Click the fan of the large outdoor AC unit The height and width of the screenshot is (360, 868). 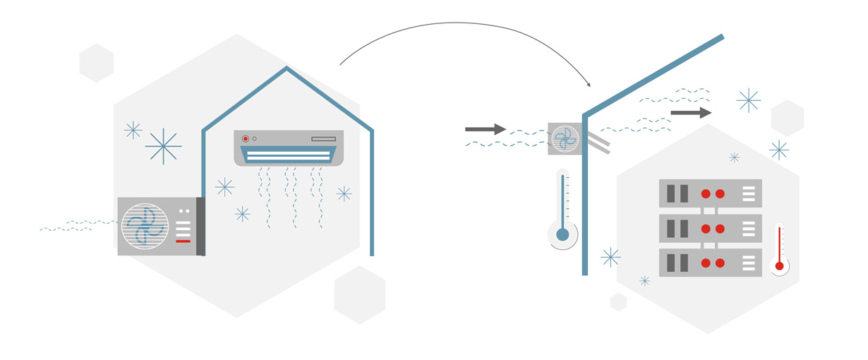click(x=145, y=227)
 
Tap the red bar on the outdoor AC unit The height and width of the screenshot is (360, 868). click(x=183, y=241)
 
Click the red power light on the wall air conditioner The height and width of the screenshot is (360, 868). click(x=246, y=139)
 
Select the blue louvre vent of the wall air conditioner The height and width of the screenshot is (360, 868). click(x=288, y=155)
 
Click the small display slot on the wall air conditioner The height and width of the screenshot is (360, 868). click(x=323, y=139)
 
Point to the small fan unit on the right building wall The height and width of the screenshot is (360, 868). click(x=565, y=138)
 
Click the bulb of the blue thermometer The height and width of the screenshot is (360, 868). click(x=562, y=234)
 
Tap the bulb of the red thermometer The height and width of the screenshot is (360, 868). click(x=779, y=266)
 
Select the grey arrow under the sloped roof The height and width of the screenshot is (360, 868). click(x=691, y=113)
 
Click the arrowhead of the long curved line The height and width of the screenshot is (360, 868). click(x=589, y=85)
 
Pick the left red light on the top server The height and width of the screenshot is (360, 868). click(x=706, y=193)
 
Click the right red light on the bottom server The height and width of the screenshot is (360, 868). click(x=720, y=263)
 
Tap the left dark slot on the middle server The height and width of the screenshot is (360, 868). click(x=670, y=228)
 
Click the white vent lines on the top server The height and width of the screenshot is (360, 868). click(x=749, y=193)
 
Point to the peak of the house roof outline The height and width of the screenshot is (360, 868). click(x=287, y=68)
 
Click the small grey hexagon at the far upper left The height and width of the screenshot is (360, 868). click(x=97, y=63)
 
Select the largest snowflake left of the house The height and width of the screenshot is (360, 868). click(x=163, y=146)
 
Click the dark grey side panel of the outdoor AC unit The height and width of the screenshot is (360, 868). click(x=200, y=227)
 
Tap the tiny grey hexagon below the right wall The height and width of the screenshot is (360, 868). click(x=618, y=302)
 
